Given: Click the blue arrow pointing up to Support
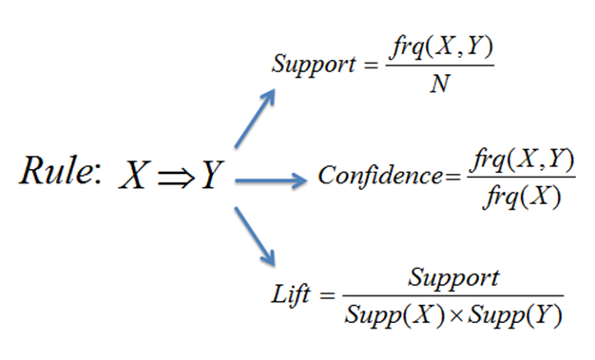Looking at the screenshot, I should [254, 119].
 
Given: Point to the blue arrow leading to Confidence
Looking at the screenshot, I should [271, 179].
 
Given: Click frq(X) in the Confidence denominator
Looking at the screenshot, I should [521, 197].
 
